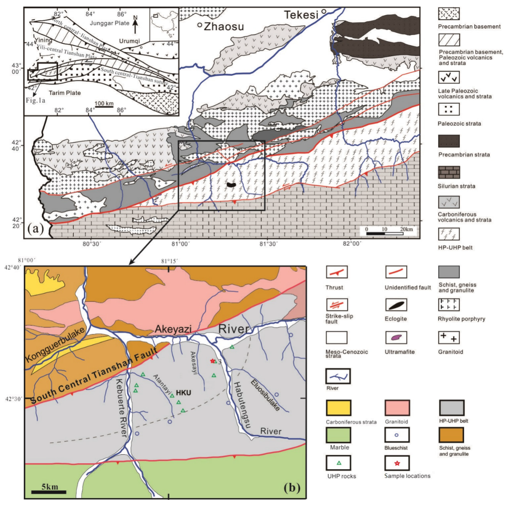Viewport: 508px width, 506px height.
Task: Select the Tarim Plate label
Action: (65, 93)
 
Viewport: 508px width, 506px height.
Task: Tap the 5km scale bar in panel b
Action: (49, 492)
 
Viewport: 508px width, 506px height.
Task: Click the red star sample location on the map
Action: (212, 361)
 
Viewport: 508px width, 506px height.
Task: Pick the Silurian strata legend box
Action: (449, 172)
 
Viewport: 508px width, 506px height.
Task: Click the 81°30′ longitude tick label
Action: (268, 244)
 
